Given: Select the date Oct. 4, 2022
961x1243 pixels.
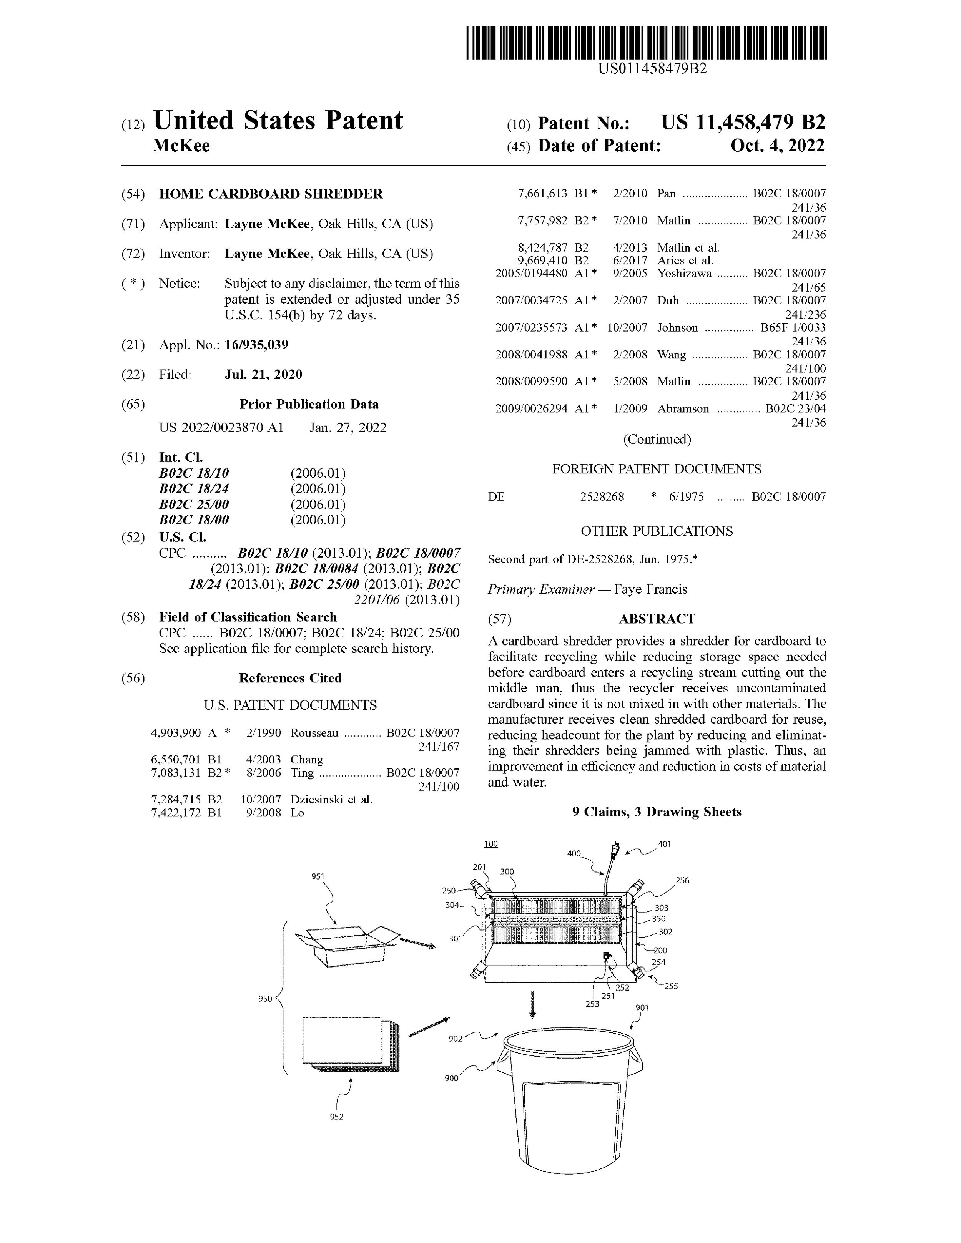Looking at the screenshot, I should point(777,146).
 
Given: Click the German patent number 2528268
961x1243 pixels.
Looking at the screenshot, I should point(602,496).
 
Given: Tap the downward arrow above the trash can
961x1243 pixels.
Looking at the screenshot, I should point(532,1004).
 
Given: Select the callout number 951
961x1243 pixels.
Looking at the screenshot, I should point(318,876).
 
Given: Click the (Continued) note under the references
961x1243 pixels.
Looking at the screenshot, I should point(657,440).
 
